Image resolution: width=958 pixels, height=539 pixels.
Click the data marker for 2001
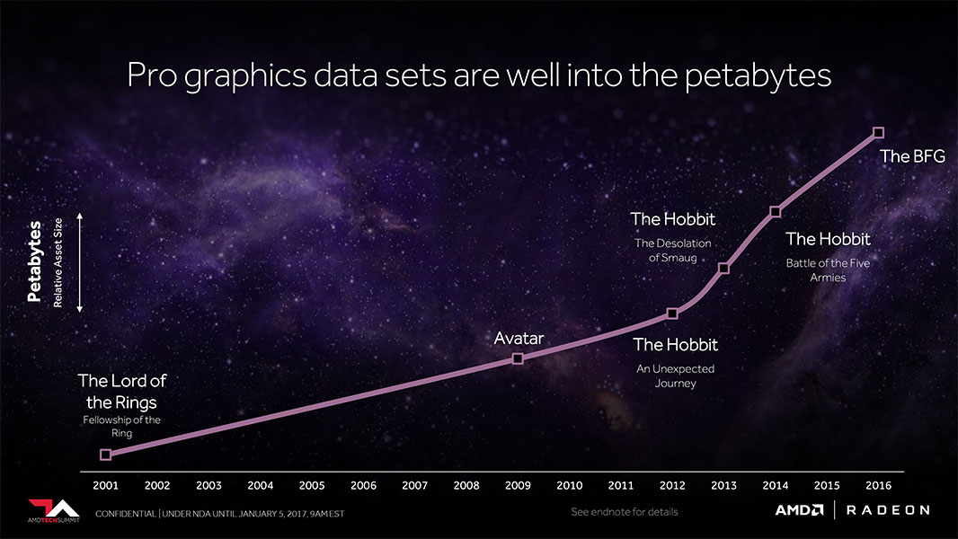[x=105, y=455]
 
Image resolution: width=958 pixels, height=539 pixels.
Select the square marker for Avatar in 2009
[x=518, y=358]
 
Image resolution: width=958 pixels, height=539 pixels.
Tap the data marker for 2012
[x=672, y=314]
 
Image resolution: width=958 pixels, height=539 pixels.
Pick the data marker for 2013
[x=723, y=268]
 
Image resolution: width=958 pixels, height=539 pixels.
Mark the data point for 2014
[x=775, y=212]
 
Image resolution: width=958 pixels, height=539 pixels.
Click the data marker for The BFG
[x=878, y=133]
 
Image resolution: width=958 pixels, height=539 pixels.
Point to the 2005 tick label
[x=312, y=485]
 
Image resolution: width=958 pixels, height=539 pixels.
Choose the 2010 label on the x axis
[x=569, y=485]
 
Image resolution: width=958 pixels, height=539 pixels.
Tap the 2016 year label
[x=878, y=485]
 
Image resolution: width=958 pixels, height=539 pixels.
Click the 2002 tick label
[x=157, y=485]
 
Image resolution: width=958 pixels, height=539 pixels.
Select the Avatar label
[x=519, y=339]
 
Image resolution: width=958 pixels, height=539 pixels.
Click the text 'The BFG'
[x=912, y=156]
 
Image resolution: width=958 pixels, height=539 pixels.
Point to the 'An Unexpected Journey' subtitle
[x=675, y=376]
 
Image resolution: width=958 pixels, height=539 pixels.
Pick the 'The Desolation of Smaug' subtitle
[x=672, y=250]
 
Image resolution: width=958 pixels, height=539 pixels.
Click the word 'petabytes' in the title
[x=758, y=76]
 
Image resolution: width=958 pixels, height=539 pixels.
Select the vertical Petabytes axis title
[x=36, y=261]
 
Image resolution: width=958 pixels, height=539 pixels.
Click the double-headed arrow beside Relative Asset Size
[x=79, y=262]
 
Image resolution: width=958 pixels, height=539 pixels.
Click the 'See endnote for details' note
[x=625, y=512]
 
